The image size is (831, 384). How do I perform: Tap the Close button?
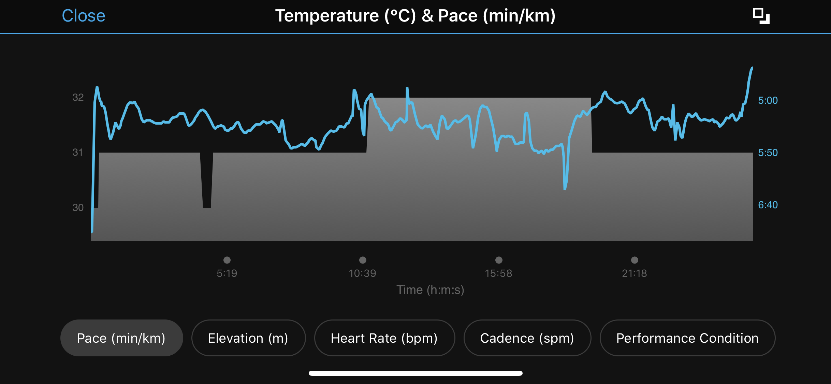tap(84, 16)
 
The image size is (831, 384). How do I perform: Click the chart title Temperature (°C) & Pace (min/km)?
tap(415, 16)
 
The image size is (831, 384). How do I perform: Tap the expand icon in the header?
tap(761, 16)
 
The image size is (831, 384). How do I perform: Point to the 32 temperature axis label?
tap(78, 98)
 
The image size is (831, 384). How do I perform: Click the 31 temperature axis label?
tap(78, 152)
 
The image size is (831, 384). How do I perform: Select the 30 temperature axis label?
tap(78, 208)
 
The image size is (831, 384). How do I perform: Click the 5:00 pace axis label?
tap(768, 100)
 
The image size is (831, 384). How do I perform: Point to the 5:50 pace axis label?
tap(768, 153)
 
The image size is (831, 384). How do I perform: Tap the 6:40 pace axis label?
tap(768, 205)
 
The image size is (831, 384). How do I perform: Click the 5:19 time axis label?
tap(227, 273)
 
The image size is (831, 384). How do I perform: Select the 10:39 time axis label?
tap(362, 273)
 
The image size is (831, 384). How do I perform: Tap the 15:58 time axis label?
tap(498, 273)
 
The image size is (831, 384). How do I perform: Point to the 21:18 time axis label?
tap(634, 273)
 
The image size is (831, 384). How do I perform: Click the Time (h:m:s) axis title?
tap(430, 290)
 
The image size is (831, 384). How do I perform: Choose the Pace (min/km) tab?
tap(121, 338)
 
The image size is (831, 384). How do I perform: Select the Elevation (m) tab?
tap(248, 338)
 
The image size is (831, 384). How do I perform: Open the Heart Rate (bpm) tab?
tap(384, 338)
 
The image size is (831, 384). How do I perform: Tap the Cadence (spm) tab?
tap(527, 338)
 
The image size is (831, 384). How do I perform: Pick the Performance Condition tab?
tap(687, 338)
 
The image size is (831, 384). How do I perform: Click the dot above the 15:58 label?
tap(499, 260)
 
